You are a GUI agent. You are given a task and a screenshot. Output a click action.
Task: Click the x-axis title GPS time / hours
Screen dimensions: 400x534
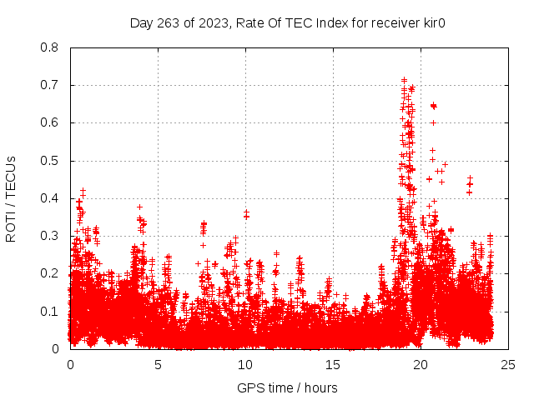(287, 387)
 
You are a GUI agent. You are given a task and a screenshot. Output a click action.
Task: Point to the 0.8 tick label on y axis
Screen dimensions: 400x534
(49, 47)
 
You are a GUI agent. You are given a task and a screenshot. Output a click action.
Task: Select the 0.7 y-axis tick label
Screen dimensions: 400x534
(49, 85)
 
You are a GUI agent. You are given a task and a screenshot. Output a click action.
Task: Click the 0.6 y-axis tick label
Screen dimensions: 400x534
(49, 122)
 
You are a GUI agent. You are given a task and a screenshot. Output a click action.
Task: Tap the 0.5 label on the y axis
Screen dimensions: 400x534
(49, 161)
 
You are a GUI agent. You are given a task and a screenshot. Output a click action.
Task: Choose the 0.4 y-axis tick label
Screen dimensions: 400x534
(49, 198)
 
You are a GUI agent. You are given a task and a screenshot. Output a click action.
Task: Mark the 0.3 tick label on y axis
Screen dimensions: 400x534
(49, 236)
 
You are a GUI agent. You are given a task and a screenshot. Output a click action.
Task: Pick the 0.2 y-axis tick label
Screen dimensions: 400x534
(49, 273)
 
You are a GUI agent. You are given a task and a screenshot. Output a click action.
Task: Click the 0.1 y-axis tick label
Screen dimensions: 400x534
(49, 311)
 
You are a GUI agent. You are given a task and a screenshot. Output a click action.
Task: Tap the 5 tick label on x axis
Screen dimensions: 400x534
(158, 364)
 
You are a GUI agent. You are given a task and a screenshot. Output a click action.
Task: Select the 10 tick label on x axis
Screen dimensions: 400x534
(245, 364)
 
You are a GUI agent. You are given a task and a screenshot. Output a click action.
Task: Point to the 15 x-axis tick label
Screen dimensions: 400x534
(333, 364)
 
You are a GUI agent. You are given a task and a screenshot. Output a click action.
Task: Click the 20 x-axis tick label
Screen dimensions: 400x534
(421, 364)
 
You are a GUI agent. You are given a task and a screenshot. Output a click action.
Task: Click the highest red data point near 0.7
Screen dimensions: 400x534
(405, 80)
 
